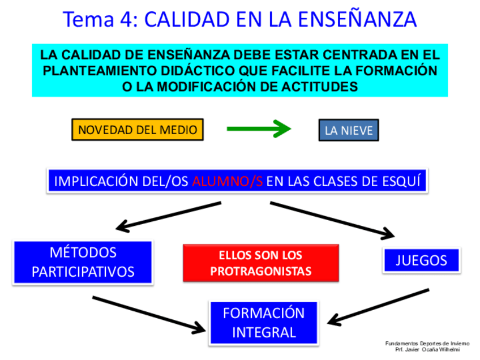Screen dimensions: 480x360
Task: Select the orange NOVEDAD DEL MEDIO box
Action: point(138,130)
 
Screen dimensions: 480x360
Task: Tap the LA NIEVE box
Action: point(348,131)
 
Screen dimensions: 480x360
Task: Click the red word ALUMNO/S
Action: point(227,182)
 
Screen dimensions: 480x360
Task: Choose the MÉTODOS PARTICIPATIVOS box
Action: point(83,262)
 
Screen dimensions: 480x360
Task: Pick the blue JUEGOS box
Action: point(421,260)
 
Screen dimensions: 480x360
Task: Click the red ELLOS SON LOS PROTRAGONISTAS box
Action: point(260,263)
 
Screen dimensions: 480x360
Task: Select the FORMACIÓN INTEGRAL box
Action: point(264,322)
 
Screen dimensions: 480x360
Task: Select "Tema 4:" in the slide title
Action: point(100,19)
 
